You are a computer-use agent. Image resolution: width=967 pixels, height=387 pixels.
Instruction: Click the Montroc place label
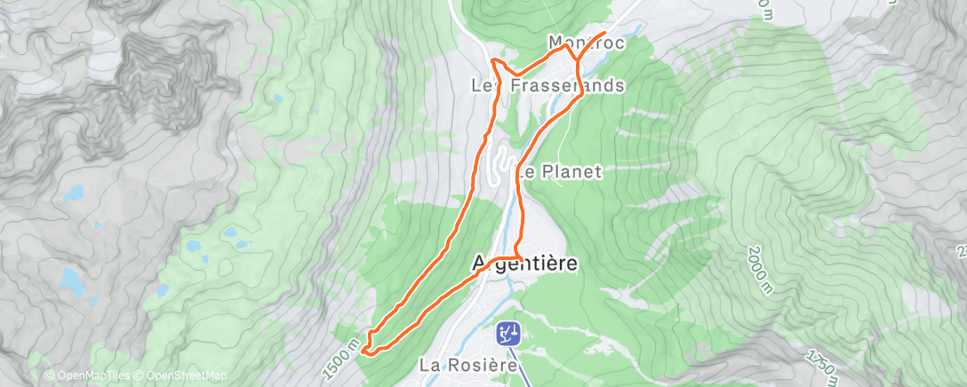coord(586,43)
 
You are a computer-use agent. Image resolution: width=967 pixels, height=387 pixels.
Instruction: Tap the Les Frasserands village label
coord(547,86)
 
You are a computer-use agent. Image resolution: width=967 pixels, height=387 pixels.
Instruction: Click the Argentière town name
coord(523,264)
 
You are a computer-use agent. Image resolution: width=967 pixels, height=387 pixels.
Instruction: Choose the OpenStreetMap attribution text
coord(182,375)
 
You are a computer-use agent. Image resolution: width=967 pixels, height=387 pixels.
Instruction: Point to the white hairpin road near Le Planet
coord(503,165)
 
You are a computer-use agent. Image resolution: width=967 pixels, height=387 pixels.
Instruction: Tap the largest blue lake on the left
coord(69,280)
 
